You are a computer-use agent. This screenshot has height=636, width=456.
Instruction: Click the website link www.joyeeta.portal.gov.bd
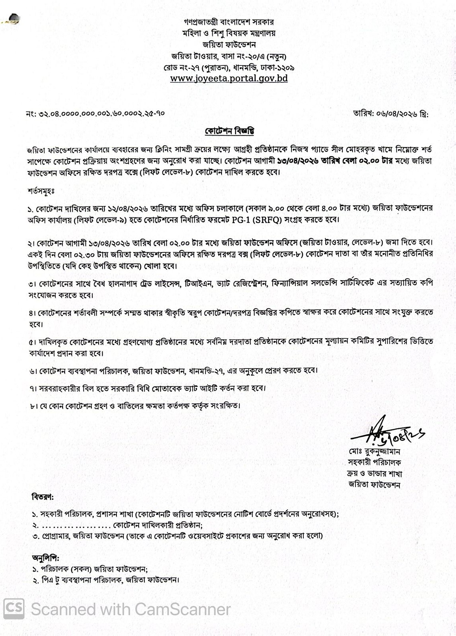click(x=229, y=78)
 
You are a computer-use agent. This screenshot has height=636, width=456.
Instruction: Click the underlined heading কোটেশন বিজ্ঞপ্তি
click(x=229, y=131)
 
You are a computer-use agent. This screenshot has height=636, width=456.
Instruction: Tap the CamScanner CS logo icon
click(x=14, y=609)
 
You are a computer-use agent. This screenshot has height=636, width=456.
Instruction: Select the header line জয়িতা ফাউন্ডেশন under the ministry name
click(x=229, y=45)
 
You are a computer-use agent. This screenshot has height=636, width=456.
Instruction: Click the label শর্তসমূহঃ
click(x=41, y=191)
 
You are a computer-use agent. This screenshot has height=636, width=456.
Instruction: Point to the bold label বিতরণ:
click(x=42, y=497)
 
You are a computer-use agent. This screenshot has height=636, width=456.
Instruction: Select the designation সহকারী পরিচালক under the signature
click(x=374, y=463)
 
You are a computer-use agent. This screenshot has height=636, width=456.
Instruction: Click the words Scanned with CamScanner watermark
click(x=131, y=609)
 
